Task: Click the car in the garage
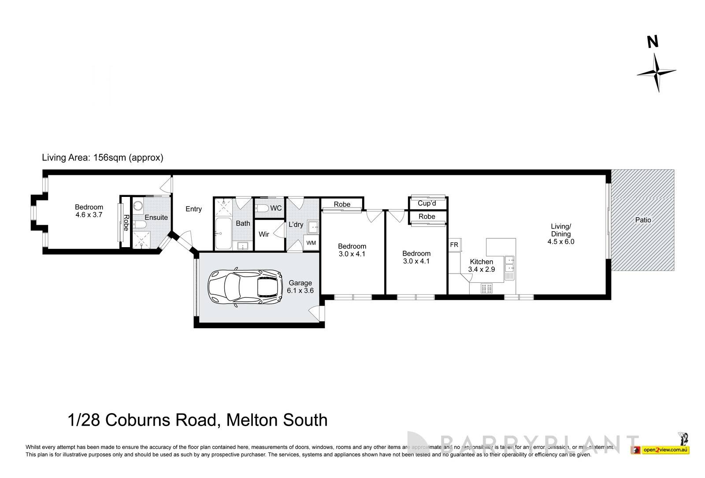click(x=246, y=288)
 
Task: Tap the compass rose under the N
click(x=656, y=73)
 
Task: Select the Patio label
click(x=643, y=220)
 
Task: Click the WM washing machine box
click(x=311, y=243)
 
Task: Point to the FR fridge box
click(x=454, y=245)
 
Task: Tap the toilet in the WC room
click(x=262, y=208)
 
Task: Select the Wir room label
click(x=263, y=234)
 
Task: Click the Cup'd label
click(x=427, y=204)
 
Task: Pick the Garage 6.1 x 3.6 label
click(x=300, y=287)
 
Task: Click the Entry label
click(x=193, y=209)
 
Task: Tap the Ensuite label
click(x=156, y=217)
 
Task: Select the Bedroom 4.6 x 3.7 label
click(x=89, y=211)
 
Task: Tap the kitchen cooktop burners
click(x=486, y=289)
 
